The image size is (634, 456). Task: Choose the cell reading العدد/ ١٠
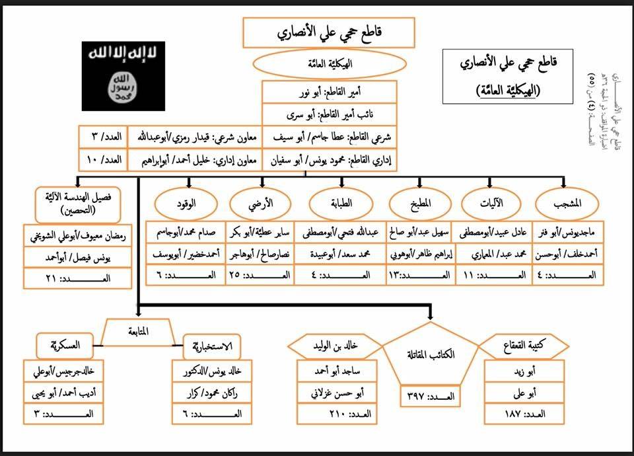click(102, 159)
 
